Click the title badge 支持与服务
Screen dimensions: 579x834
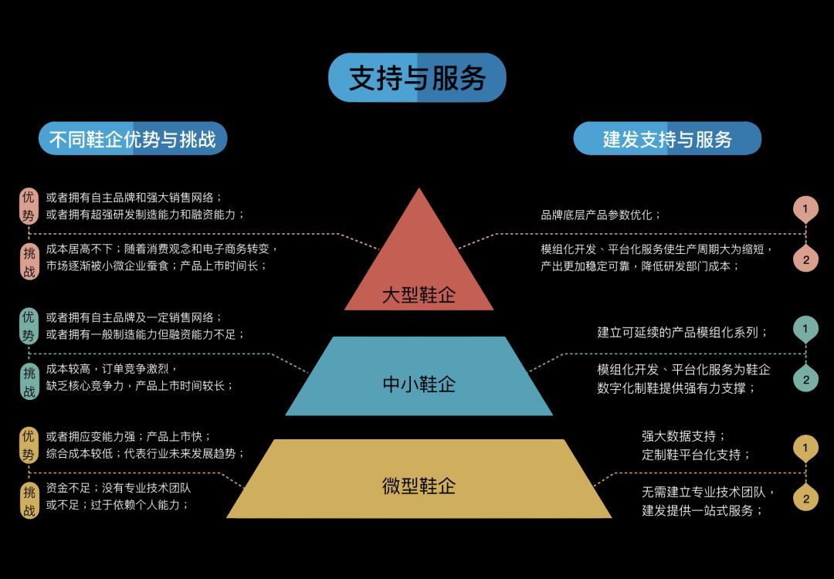point(417,77)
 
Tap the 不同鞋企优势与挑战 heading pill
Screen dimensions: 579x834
point(133,138)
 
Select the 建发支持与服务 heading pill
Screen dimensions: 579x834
point(667,138)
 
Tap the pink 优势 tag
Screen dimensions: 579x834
point(29,206)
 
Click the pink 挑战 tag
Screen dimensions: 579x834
point(29,260)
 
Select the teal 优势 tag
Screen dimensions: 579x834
point(29,326)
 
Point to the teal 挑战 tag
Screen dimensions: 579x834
point(29,382)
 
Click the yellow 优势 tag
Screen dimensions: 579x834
point(29,445)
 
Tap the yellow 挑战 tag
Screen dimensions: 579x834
point(29,500)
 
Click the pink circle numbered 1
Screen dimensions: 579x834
point(805,209)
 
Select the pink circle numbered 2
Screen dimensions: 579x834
point(805,259)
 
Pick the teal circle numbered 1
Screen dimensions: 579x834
point(805,329)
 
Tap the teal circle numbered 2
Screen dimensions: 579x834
point(805,380)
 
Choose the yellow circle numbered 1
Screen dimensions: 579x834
point(805,448)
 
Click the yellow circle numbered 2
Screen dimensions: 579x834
point(805,499)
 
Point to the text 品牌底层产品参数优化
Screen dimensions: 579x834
point(601,215)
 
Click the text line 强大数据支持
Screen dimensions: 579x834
point(683,436)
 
